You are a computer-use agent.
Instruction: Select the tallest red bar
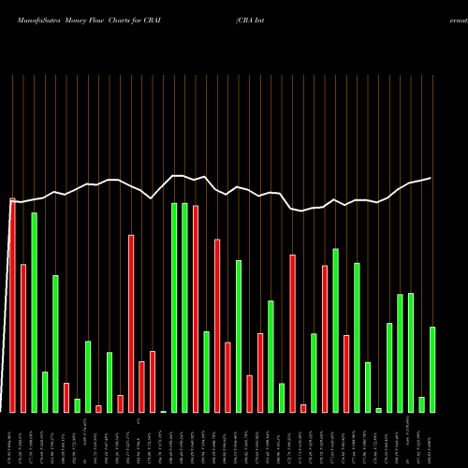12,305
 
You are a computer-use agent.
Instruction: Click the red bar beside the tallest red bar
22,338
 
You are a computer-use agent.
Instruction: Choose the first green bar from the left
34,313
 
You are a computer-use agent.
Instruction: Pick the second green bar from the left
45,392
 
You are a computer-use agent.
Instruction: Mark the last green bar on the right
432,370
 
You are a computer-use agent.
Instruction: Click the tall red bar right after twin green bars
196,309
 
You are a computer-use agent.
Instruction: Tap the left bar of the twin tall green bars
174,307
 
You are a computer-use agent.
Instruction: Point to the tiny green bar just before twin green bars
163,411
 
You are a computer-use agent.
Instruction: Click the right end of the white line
431,178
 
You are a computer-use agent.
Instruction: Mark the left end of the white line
12,201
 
